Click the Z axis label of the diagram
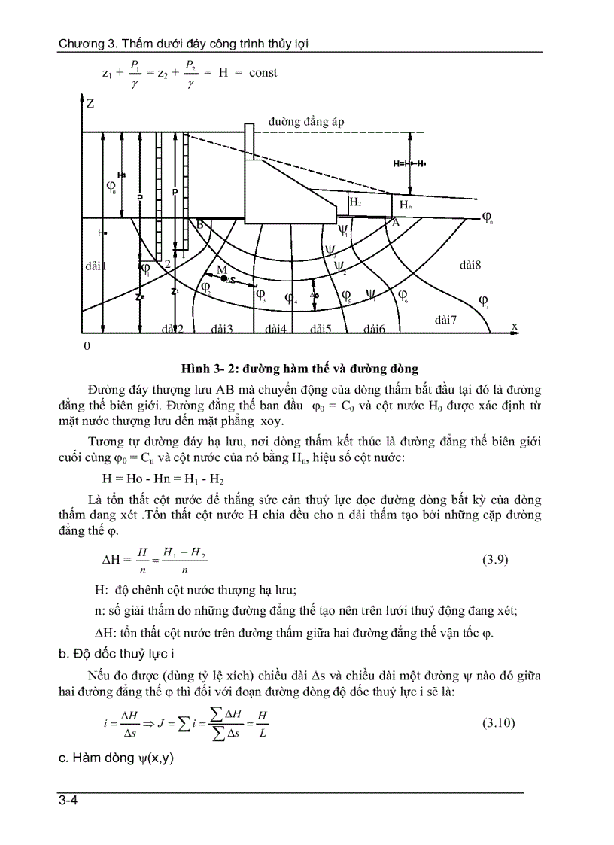coord(90,104)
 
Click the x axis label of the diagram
coord(515,326)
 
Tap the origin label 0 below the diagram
coord(87,345)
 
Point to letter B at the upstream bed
coord(200,224)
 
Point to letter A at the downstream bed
coord(395,223)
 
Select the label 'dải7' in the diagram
coord(446,320)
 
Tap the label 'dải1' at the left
coord(96,266)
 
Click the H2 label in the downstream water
coord(355,202)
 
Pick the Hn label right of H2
coord(405,204)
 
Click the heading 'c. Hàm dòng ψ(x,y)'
coord(116,758)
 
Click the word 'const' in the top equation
coord(262,73)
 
